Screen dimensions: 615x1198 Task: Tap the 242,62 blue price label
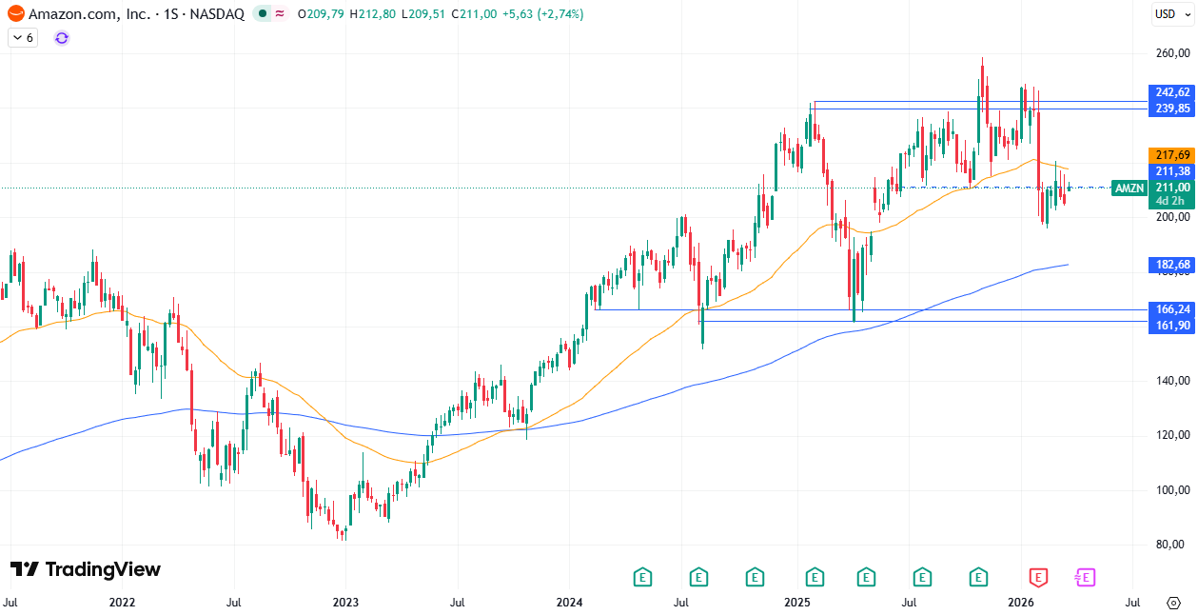coord(1171,92)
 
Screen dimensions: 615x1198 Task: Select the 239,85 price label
coord(1171,109)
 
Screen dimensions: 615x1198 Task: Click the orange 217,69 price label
coord(1171,155)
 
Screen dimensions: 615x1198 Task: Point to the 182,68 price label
coord(1171,265)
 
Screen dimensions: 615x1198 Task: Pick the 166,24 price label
coord(1171,309)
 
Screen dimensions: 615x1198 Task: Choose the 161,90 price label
coord(1171,326)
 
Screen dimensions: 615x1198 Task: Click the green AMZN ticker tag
coord(1129,188)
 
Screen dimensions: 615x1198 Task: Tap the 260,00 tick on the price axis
coord(1171,53)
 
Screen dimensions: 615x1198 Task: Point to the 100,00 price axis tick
coord(1171,490)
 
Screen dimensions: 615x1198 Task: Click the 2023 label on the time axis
coord(344,603)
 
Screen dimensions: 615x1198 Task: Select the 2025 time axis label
coord(796,603)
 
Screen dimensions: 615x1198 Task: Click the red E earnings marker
coord(1038,577)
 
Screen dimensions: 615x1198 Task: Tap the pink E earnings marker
coord(1085,577)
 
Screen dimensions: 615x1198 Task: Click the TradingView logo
coord(86,569)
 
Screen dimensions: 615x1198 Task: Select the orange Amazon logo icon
coord(16,14)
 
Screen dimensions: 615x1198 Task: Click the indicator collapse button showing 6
coord(22,38)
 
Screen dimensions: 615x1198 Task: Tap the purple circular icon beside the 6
coord(62,38)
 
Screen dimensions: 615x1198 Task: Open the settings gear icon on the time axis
coord(1173,603)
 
